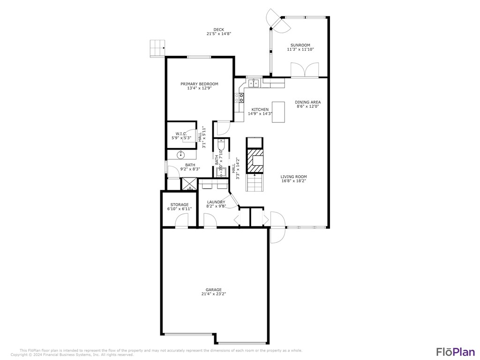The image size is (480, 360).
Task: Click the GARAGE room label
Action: point(213,290)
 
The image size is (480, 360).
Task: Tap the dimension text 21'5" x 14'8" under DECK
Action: point(219,34)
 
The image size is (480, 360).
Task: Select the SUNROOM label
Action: point(300,45)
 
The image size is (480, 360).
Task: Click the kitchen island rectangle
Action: point(278,112)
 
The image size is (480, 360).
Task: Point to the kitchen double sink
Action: point(254,83)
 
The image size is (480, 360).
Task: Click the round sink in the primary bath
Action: point(181,155)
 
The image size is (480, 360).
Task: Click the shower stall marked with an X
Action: point(189,184)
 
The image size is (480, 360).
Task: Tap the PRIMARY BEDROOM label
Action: point(199,84)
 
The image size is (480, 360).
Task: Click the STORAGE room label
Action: point(180,205)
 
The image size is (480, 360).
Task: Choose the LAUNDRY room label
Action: point(216,202)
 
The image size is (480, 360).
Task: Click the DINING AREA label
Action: point(307,102)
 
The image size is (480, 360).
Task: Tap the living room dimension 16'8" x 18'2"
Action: point(294,181)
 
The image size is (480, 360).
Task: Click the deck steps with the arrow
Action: point(157,48)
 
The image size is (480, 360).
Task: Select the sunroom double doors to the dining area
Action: point(305,70)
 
